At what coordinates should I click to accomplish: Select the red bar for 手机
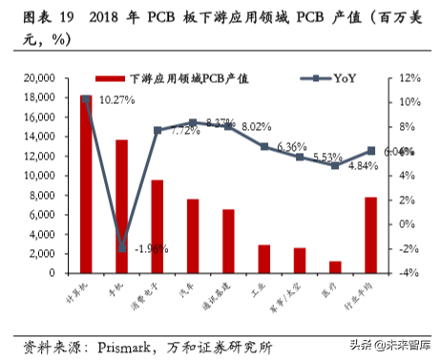(121, 206)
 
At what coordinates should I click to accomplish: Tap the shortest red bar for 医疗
(335, 266)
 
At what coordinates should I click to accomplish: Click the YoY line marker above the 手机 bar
(121, 247)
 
